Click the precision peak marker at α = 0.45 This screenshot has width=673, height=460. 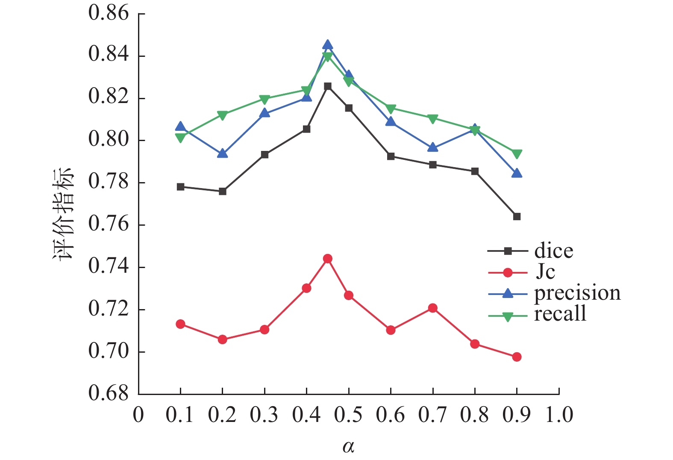pyautogui.click(x=328, y=45)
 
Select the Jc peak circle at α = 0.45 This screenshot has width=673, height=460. pyautogui.click(x=328, y=259)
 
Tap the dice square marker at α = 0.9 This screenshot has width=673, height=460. pyautogui.click(x=517, y=217)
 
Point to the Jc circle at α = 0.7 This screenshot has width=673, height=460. pyautogui.click(x=433, y=308)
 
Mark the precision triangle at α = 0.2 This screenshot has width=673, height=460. pyautogui.click(x=222, y=153)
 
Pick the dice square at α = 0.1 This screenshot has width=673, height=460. pyautogui.click(x=180, y=187)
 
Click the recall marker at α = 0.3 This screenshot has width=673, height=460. pyautogui.click(x=264, y=100)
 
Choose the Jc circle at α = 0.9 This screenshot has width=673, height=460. pyautogui.click(x=517, y=357)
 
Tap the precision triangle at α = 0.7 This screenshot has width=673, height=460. pyautogui.click(x=433, y=147)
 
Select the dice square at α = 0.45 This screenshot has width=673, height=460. pyautogui.click(x=328, y=86)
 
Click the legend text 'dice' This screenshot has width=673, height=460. pyautogui.click(x=553, y=251)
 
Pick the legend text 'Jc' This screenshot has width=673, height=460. pyautogui.click(x=545, y=272)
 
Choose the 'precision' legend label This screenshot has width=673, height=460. pyautogui.click(x=577, y=293)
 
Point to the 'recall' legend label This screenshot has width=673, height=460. pyautogui.click(x=560, y=314)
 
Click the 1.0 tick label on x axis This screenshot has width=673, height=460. pyautogui.click(x=559, y=415)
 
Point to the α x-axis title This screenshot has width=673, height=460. pyautogui.click(x=348, y=447)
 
